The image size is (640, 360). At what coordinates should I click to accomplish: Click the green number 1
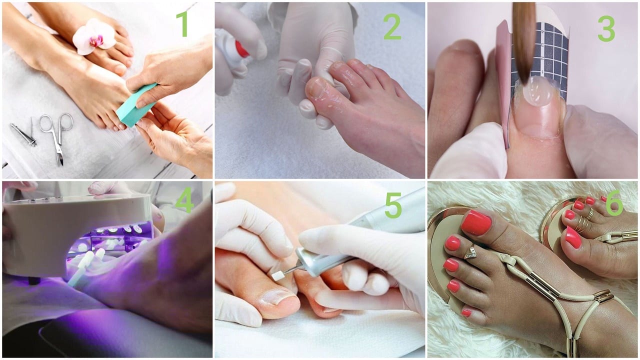click(182, 24)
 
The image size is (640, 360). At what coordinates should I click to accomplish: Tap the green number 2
click(392, 26)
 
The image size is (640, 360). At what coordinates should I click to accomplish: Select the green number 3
click(606, 28)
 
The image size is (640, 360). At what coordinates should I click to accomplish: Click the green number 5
click(393, 205)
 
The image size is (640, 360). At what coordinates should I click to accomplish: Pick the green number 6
click(614, 203)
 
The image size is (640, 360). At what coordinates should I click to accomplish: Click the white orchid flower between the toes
click(94, 36)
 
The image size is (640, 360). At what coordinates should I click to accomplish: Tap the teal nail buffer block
click(136, 105)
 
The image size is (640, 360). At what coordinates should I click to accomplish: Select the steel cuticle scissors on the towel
click(57, 134)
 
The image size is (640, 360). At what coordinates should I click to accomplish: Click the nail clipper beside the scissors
click(23, 134)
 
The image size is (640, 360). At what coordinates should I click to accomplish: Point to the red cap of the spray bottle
click(241, 49)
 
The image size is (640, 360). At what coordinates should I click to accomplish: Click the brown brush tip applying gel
click(524, 43)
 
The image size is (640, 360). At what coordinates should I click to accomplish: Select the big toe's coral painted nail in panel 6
click(476, 222)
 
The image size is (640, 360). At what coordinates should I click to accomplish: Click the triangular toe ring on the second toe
click(470, 253)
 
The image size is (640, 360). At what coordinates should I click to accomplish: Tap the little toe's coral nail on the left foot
click(466, 313)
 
